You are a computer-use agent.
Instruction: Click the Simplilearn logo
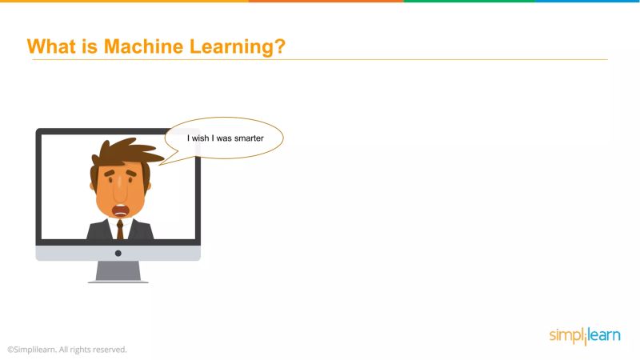point(584,335)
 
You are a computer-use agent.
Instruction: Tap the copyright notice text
point(67,350)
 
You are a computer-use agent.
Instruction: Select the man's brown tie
point(120,230)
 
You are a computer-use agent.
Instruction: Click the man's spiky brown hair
point(124,151)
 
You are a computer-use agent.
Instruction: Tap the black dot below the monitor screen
point(118,253)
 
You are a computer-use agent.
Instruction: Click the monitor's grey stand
point(118,270)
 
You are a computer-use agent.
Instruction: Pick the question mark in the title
point(280,46)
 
